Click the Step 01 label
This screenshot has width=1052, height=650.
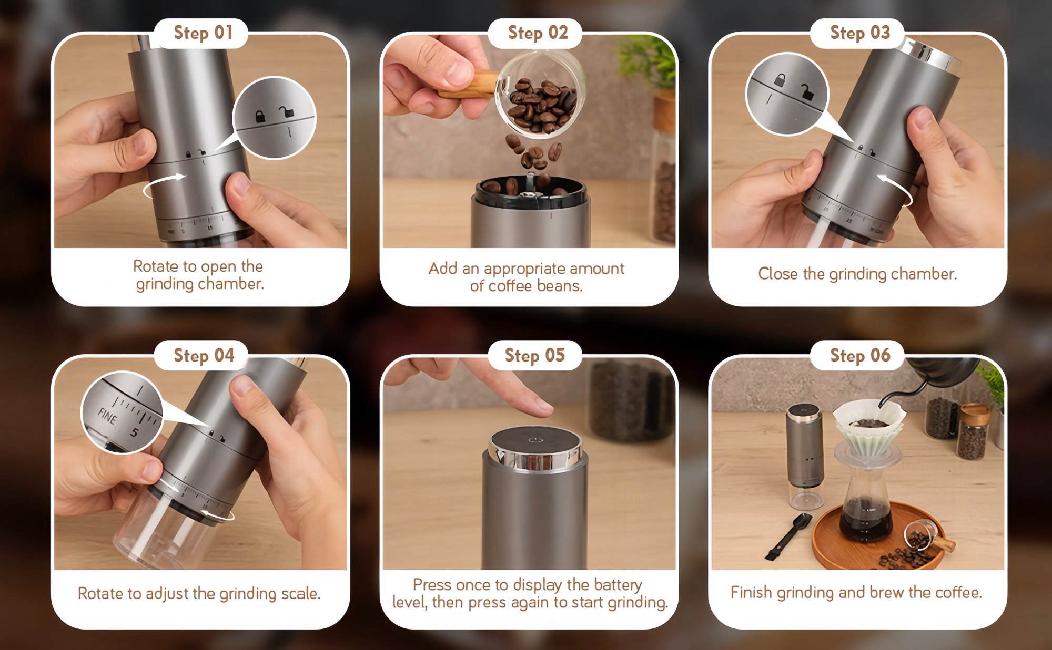coord(203,33)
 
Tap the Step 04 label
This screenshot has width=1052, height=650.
coord(204,356)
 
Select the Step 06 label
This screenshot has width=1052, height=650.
coord(860,356)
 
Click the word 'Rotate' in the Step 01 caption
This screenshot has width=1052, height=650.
coord(155,266)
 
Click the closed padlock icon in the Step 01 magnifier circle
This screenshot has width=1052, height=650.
coord(260,117)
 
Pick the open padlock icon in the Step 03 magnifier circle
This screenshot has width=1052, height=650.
coord(806,91)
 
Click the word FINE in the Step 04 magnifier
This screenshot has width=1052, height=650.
coord(107,416)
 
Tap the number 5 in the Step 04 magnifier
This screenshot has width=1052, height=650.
coord(134,432)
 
